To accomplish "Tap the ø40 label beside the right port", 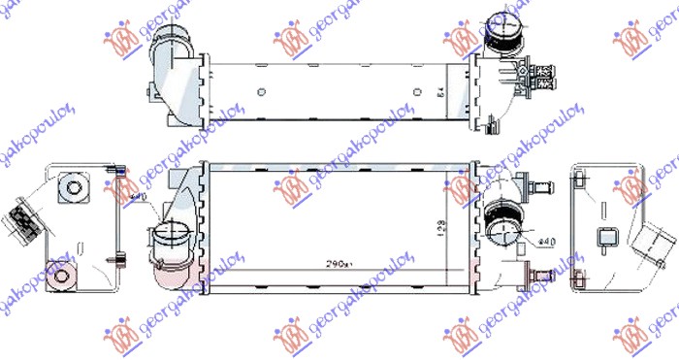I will click(545, 238).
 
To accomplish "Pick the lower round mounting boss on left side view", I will click(64, 278).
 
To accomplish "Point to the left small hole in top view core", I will click(262, 93).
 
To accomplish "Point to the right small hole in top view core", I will click(417, 93).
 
